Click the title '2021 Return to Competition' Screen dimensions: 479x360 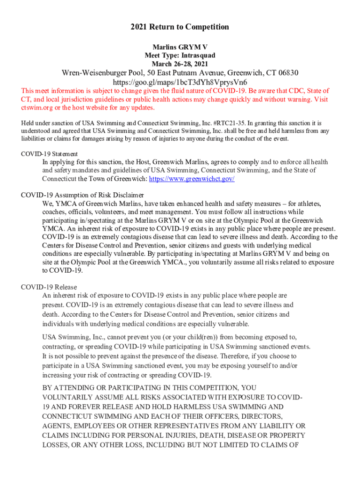coord(180,27)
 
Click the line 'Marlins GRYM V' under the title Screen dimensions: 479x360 coord(180,47)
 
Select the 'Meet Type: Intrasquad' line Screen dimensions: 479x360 coord(180,55)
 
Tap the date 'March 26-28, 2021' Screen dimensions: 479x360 coord(180,64)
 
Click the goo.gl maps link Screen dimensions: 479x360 coord(180,82)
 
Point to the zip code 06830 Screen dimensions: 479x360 coord(285,73)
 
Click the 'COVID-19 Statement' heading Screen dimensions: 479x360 coord(50,154)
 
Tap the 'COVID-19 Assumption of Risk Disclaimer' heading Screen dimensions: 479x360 coord(82,195)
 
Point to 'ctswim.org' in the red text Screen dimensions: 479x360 coord(36,108)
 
